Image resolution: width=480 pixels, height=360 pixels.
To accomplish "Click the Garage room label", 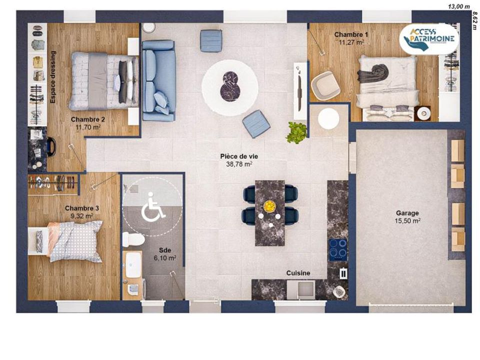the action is (x=407, y=213).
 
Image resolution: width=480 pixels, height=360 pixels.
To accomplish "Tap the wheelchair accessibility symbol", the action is (x=153, y=206).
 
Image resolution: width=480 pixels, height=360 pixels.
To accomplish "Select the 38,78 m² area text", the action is (x=239, y=164).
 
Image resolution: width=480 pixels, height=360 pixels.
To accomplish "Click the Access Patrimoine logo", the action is (x=429, y=38).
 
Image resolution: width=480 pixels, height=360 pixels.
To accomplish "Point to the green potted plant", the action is (x=296, y=132).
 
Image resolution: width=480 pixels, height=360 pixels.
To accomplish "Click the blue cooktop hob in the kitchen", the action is (x=338, y=249).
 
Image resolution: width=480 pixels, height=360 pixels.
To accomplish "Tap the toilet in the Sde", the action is (x=133, y=239).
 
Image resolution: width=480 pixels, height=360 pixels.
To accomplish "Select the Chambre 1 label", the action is (x=351, y=34).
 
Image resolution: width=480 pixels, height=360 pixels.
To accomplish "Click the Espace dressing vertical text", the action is (x=53, y=77).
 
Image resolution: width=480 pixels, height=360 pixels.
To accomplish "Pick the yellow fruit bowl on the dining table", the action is (x=269, y=205).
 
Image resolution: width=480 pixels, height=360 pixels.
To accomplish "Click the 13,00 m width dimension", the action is (x=459, y=6).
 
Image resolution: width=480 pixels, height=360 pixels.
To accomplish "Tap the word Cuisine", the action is (x=298, y=273).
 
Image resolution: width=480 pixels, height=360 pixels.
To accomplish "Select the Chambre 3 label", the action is (x=81, y=208).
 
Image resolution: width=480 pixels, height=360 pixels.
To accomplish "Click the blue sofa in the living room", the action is (x=159, y=80).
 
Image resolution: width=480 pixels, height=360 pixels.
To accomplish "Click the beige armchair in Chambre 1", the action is (x=325, y=85).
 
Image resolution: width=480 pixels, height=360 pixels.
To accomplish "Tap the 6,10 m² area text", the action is (x=164, y=258).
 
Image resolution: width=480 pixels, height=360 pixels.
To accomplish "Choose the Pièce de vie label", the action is (x=239, y=156).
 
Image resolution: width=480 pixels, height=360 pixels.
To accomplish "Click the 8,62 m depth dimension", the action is (x=474, y=21).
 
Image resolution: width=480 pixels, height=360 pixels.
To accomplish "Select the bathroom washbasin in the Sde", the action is (x=133, y=265).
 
